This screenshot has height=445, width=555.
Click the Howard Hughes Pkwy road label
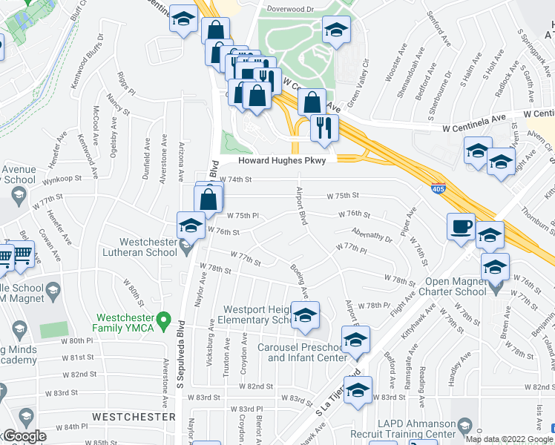[x=286, y=160]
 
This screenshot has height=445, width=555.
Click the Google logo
[x=24, y=436]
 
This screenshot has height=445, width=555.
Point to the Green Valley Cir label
[x=357, y=80]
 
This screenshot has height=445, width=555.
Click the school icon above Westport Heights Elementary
[x=305, y=315]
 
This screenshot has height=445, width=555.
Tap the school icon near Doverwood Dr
[x=337, y=30]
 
